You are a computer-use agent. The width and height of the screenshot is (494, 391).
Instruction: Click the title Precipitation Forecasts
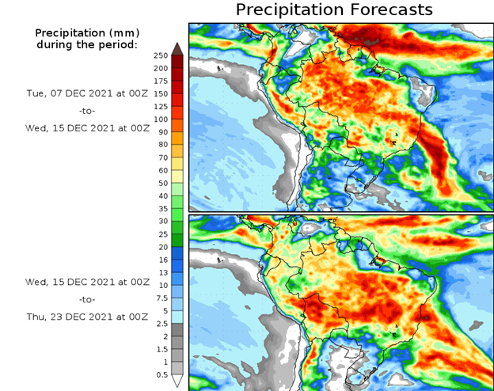tap(334, 9)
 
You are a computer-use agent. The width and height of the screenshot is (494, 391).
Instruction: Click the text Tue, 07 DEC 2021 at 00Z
tap(87, 93)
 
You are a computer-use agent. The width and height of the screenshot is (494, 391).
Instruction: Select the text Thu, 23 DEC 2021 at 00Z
tap(87, 317)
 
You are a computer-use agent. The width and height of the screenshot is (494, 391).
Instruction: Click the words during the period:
tap(87, 44)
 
